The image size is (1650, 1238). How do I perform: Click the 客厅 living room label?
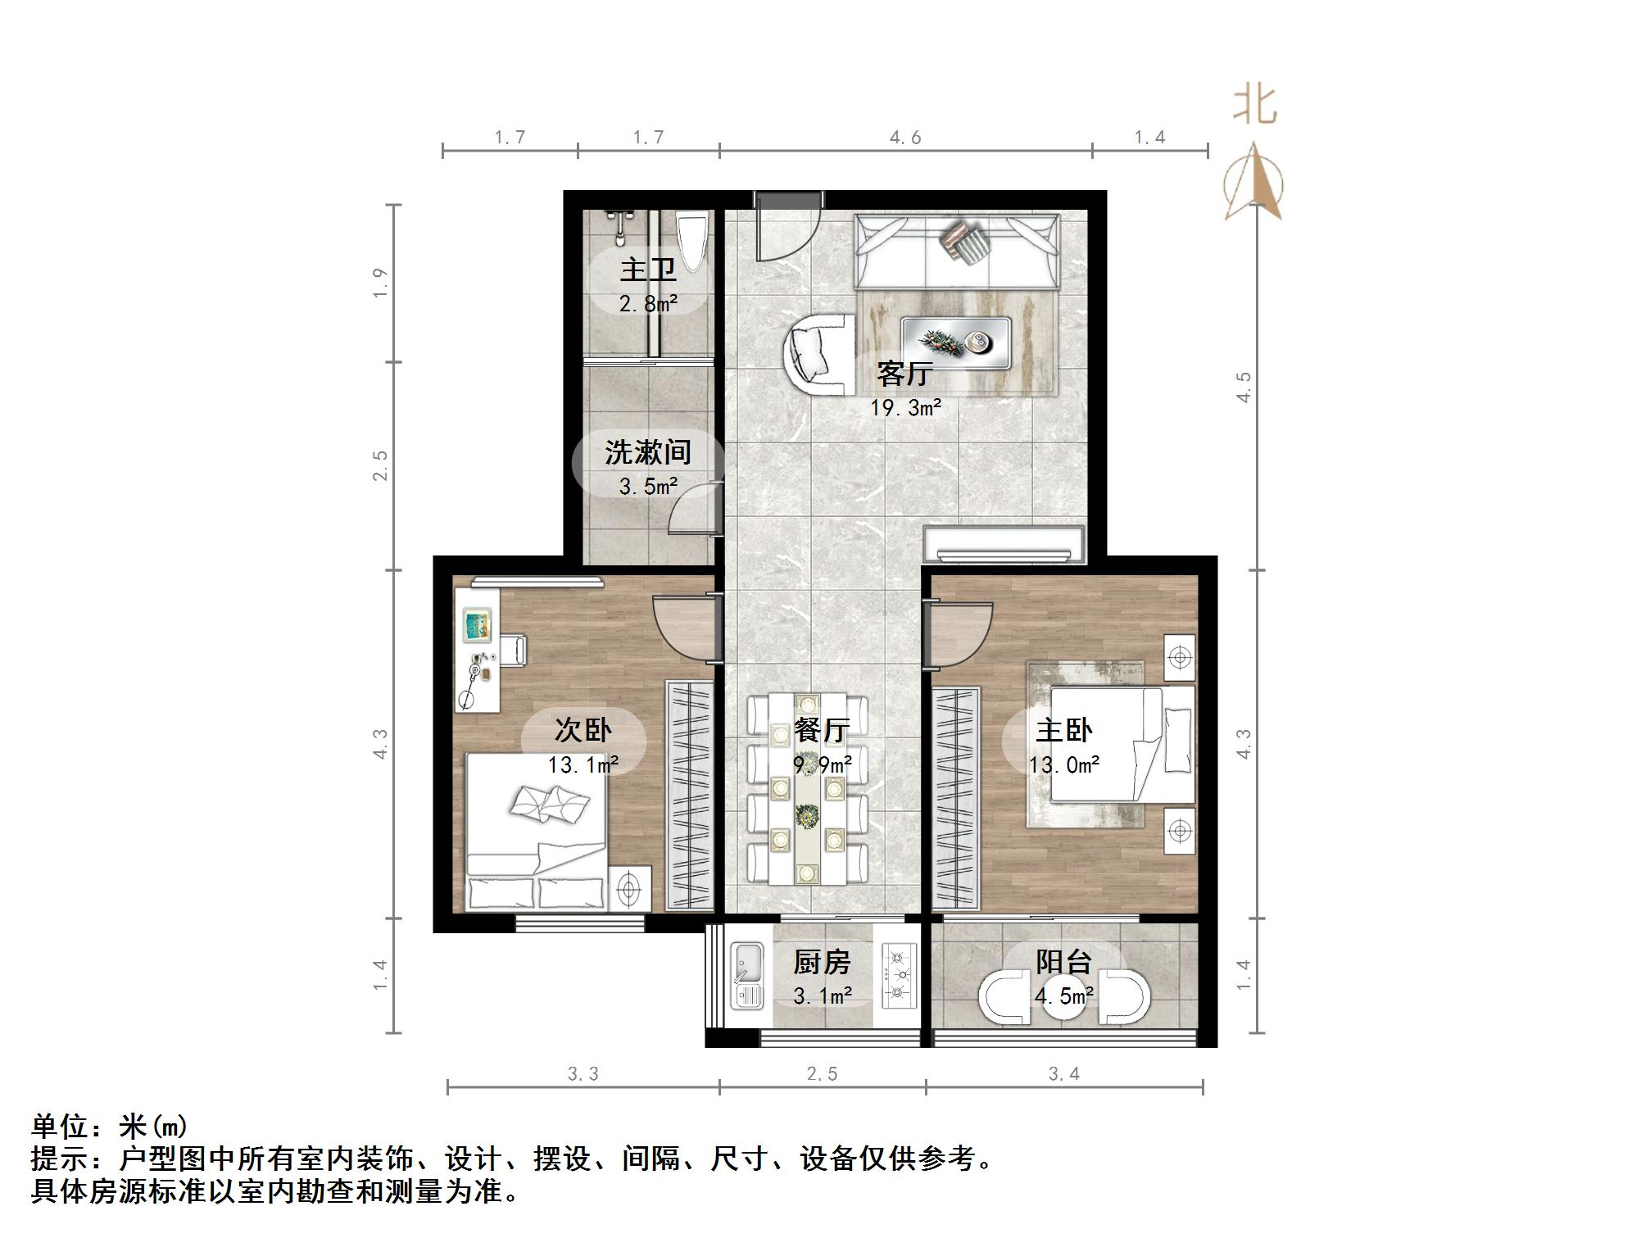pyautogui.click(x=904, y=374)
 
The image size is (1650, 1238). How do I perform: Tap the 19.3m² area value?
pyautogui.click(x=905, y=407)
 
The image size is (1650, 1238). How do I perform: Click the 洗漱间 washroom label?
pyautogui.click(x=647, y=452)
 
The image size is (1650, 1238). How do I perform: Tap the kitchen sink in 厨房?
pyautogui.click(x=746, y=975)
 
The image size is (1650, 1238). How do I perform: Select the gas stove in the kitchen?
pyautogui.click(x=898, y=975)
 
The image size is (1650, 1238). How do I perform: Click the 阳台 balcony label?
pyautogui.click(x=1063, y=961)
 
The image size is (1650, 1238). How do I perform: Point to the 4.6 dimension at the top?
pyautogui.click(x=905, y=138)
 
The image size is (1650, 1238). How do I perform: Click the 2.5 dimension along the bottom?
pyautogui.click(x=822, y=1074)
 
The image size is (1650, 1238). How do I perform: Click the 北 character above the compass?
pyautogui.click(x=1254, y=106)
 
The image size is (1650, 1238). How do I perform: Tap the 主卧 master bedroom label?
pyautogui.click(x=1063, y=730)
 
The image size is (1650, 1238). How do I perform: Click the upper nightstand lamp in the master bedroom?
pyautogui.click(x=1180, y=657)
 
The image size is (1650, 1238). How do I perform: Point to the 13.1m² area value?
pyautogui.click(x=582, y=765)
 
